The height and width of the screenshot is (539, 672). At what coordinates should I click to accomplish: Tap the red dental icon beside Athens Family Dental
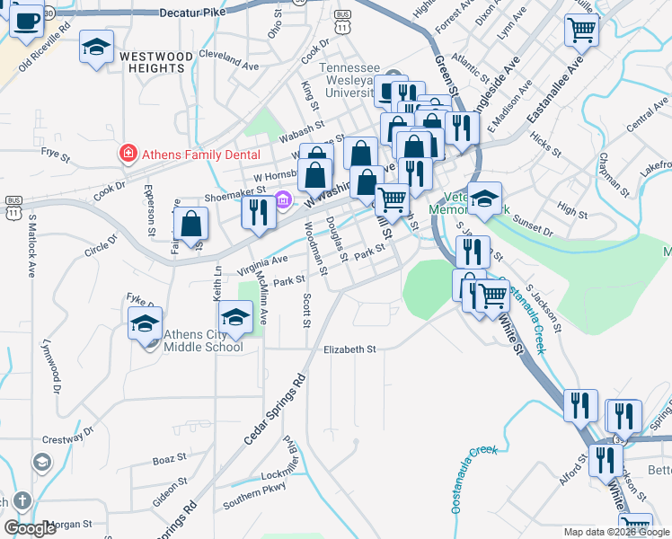pos(128,155)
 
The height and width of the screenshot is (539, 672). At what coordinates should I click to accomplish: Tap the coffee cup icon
pos(26,20)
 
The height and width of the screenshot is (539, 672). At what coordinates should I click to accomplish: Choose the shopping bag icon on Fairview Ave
pos(191,225)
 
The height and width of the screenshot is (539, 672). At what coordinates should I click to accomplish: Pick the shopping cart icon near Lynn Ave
pos(581,30)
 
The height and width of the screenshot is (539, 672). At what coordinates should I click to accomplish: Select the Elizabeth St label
pos(349,349)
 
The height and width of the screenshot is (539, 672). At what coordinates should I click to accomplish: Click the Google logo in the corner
pos(30,528)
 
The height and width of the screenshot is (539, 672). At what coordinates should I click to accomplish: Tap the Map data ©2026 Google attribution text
pos(616,532)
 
